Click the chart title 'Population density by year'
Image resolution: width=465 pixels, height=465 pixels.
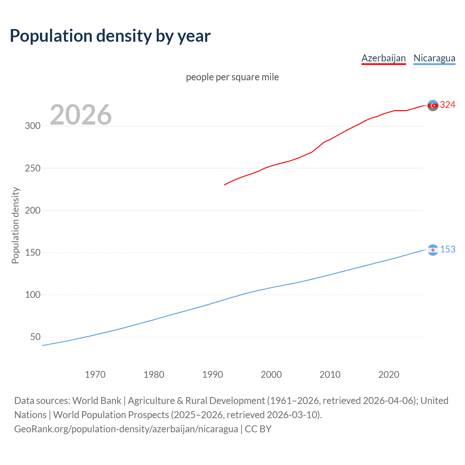click(x=110, y=36)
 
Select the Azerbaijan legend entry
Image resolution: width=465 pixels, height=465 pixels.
click(x=383, y=58)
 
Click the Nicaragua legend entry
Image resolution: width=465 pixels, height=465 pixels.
click(x=434, y=58)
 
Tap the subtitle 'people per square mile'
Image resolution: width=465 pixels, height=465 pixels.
click(x=232, y=77)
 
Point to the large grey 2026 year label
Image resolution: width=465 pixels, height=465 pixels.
click(x=81, y=115)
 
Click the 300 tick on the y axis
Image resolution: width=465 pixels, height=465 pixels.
click(x=32, y=126)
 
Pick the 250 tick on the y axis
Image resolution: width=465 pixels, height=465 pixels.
click(x=32, y=168)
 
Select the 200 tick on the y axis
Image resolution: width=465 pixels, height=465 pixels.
click(x=32, y=210)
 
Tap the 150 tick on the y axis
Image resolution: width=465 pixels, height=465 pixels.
click(x=32, y=252)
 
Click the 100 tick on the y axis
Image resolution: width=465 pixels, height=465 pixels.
click(x=32, y=295)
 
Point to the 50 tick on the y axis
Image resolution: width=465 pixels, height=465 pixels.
click(x=35, y=337)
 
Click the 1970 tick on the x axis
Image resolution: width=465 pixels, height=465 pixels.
click(x=95, y=375)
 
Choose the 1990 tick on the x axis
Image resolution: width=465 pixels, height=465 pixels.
click(x=213, y=375)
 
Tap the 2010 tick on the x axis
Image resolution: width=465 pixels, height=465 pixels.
click(x=330, y=375)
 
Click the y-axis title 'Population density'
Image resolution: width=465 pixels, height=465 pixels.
click(x=15, y=225)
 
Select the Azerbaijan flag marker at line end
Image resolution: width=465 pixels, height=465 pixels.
click(x=433, y=105)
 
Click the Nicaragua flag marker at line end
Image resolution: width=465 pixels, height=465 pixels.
click(x=433, y=250)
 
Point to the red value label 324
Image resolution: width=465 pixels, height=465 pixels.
click(x=448, y=105)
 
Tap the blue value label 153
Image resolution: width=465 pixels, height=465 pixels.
click(x=448, y=250)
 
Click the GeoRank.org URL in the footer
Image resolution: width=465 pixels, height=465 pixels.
click(x=126, y=429)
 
